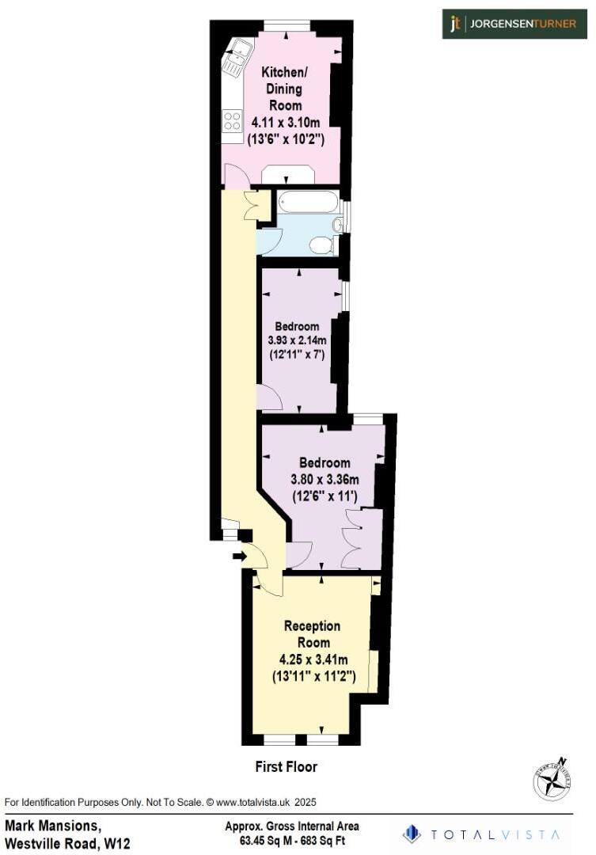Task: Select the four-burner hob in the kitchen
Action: pyautogui.click(x=232, y=121)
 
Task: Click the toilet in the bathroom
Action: pyautogui.click(x=321, y=245)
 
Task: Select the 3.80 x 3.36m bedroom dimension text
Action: pyautogui.click(x=324, y=479)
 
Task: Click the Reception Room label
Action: pyautogui.click(x=312, y=634)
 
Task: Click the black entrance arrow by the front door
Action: pyautogui.click(x=239, y=557)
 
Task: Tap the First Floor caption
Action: pyautogui.click(x=286, y=766)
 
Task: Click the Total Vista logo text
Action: pyautogui.click(x=495, y=834)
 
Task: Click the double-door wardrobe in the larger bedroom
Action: pyautogui.click(x=353, y=538)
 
